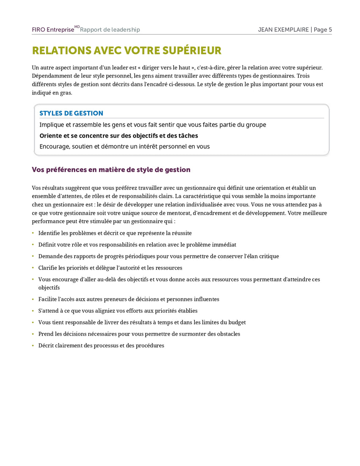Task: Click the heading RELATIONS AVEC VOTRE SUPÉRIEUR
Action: (x=127, y=51)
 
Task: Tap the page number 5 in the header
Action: (x=330, y=30)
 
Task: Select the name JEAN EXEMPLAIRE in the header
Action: (x=283, y=30)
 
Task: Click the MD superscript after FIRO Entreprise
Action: (x=77, y=27)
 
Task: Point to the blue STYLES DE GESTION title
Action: (x=71, y=113)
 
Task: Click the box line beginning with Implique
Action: (x=152, y=125)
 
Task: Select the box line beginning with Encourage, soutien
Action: (x=125, y=147)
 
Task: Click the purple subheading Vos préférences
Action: (x=111, y=169)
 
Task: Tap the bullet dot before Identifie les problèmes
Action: (x=33, y=233)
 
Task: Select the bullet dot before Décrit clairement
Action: (x=33, y=346)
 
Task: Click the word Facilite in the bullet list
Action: (x=48, y=299)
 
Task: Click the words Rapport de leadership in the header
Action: (x=110, y=30)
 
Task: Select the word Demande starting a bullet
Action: (x=50, y=256)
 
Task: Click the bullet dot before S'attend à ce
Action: (x=33, y=311)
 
